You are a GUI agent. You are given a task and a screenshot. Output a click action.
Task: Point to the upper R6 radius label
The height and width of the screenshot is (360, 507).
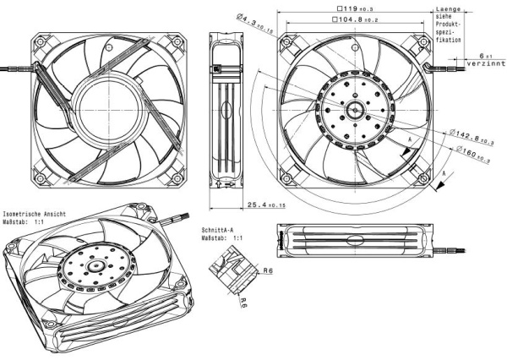267,270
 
